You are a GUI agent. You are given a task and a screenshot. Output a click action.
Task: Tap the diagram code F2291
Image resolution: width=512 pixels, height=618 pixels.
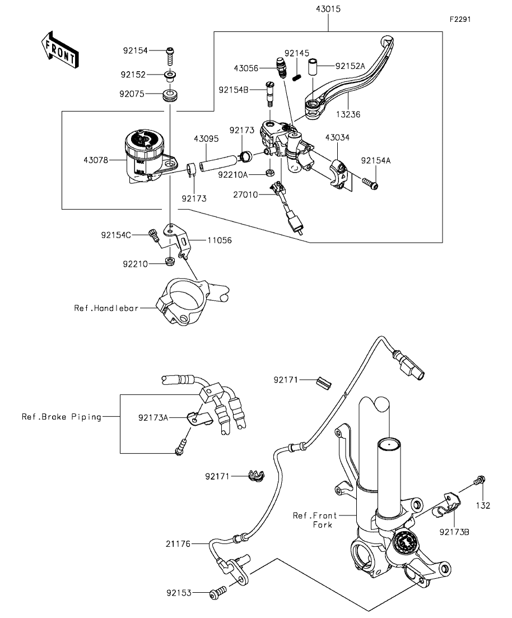point(459,19)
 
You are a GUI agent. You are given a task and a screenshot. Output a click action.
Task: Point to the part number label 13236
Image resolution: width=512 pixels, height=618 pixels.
point(348,114)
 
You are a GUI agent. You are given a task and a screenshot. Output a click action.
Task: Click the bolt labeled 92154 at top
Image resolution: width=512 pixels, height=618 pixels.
point(170,54)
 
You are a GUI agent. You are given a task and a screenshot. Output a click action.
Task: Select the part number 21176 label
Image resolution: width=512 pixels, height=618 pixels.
point(178,543)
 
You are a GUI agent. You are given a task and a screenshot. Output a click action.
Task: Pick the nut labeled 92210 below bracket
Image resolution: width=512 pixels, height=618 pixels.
point(168,261)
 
